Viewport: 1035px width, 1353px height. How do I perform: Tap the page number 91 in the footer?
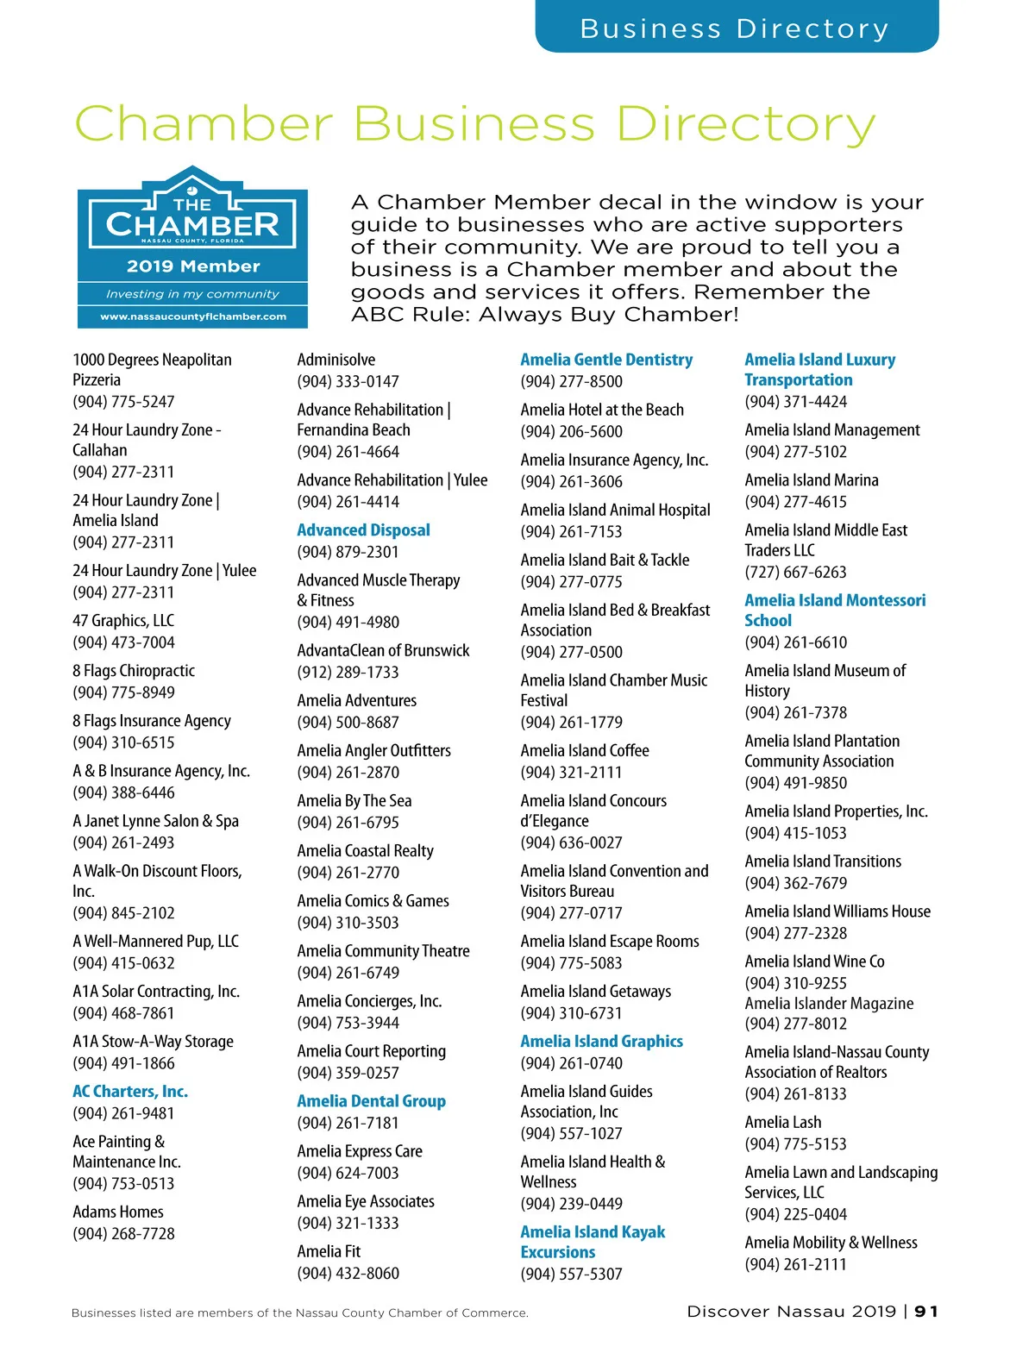tap(926, 1312)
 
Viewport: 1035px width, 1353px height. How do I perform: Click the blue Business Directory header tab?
tap(736, 28)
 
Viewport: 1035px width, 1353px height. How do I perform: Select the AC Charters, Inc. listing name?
tap(130, 1091)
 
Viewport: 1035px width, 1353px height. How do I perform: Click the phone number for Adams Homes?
tap(123, 1234)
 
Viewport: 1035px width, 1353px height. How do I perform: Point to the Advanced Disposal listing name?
tap(363, 530)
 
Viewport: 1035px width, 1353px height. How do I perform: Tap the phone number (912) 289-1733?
tap(348, 673)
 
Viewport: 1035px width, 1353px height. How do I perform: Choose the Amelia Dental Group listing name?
tap(371, 1101)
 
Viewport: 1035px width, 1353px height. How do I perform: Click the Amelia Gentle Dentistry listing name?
tap(606, 360)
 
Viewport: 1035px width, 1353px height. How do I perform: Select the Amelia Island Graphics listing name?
tap(601, 1042)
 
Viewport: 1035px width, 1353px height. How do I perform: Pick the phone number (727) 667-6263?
tap(795, 573)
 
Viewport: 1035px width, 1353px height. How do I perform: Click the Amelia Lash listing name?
tap(783, 1123)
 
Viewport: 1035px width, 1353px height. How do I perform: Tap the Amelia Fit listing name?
tap(329, 1251)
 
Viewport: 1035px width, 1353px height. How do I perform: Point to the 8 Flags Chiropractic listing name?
tap(134, 671)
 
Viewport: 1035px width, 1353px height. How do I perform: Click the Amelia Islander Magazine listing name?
tap(829, 1004)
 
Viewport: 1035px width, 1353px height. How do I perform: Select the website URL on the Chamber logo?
tap(192, 316)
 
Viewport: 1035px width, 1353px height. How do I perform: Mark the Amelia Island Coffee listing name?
tap(585, 751)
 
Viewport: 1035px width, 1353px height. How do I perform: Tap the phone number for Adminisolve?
tap(348, 381)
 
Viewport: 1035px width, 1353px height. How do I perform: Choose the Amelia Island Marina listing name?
tap(812, 480)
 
